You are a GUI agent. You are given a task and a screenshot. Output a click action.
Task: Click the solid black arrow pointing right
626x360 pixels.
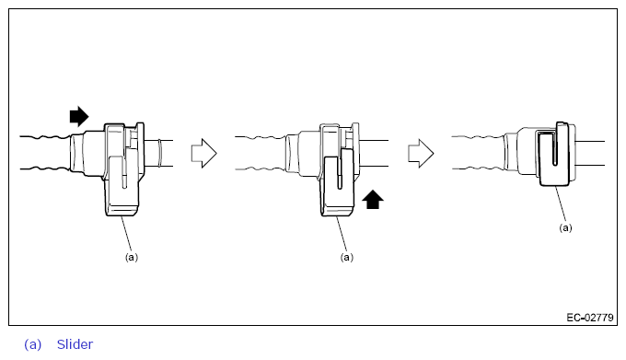(79, 116)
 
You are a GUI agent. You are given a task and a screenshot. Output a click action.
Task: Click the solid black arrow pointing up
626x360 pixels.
(373, 199)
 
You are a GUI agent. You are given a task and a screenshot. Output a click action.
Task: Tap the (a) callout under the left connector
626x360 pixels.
(132, 258)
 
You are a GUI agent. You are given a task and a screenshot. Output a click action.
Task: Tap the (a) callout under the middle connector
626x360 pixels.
(347, 258)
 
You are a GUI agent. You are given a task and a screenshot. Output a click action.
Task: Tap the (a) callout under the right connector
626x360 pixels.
(565, 226)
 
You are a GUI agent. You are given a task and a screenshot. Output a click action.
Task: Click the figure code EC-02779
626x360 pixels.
(589, 318)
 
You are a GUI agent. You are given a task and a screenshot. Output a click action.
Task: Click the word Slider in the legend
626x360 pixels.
(75, 344)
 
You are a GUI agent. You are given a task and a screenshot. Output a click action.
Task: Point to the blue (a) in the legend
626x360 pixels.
(33, 344)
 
